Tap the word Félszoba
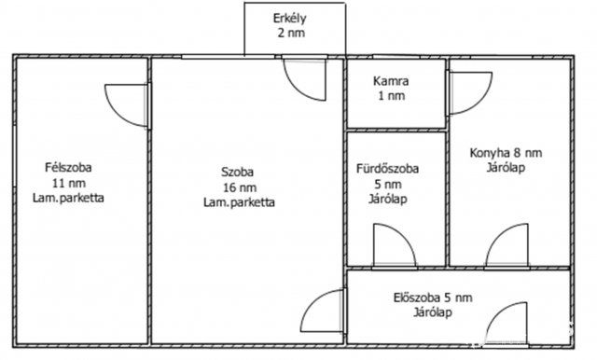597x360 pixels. click(x=68, y=168)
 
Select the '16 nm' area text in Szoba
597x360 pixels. click(x=238, y=187)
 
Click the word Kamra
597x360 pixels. click(x=391, y=80)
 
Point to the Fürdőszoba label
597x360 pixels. click(x=387, y=169)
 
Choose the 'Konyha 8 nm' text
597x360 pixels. click(x=507, y=153)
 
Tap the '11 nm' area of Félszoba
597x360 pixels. click(x=68, y=184)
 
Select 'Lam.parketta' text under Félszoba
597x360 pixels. click(x=68, y=200)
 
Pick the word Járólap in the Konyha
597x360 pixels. click(x=506, y=169)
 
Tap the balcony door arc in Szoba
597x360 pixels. click(x=305, y=78)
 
